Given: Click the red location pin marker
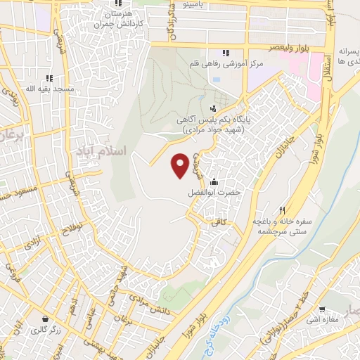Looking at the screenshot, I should [x=180, y=165].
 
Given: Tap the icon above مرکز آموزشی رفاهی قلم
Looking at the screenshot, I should [x=226, y=53].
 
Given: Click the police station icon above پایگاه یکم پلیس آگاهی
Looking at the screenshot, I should [x=213, y=108].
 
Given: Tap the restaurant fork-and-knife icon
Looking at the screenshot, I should [x=283, y=209].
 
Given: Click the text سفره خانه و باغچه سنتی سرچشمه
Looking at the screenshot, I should [x=283, y=226].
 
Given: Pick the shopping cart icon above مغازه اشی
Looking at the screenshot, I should [x=322, y=308].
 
